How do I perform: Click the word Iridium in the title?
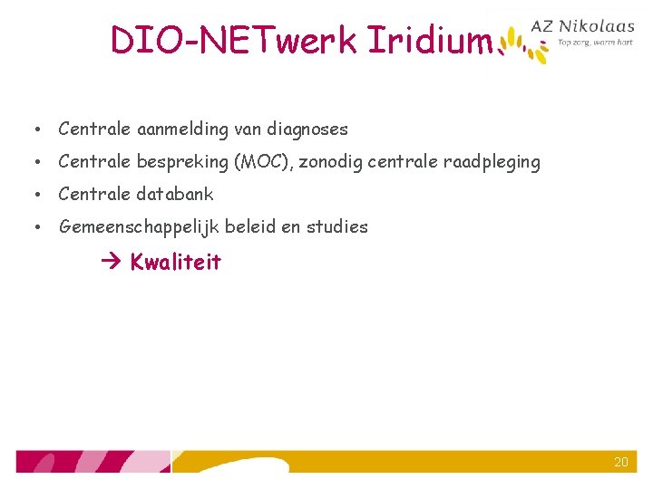pos(429,40)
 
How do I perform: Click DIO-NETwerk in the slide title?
pos(235,40)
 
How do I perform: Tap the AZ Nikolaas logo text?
pos(595,27)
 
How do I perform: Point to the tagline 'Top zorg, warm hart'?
pos(595,42)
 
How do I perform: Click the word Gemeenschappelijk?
pos(138,226)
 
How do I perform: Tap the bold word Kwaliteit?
pos(175,263)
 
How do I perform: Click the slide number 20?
pos(620,462)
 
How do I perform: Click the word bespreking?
pos(182,163)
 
